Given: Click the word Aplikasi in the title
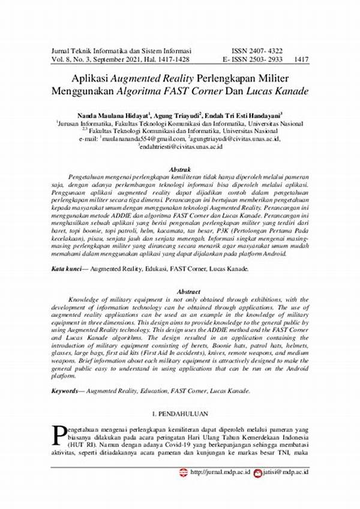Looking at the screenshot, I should [90, 80].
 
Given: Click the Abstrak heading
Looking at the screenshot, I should [181, 170].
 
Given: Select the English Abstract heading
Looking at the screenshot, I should [180, 291].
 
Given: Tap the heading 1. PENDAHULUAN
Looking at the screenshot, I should [180, 415].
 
